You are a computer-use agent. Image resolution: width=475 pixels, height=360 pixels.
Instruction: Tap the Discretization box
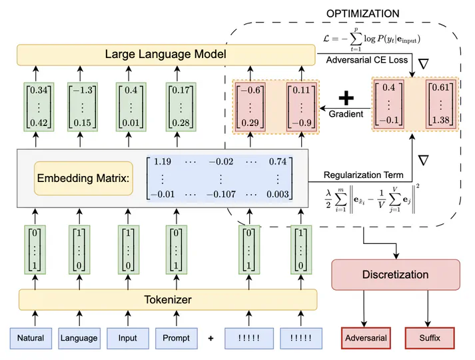(396, 275)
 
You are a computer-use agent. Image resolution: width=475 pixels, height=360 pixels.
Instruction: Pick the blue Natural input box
(30, 338)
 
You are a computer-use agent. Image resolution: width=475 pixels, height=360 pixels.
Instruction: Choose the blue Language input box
(79, 338)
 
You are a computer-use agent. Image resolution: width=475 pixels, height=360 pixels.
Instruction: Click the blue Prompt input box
(177, 338)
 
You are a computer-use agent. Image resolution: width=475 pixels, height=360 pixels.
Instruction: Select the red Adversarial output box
(366, 338)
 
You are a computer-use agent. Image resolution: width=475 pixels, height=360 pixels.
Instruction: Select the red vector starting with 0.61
(440, 104)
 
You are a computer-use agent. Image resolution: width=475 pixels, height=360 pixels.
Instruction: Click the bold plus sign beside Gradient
(345, 99)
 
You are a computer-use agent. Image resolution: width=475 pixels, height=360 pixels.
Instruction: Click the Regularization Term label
(364, 175)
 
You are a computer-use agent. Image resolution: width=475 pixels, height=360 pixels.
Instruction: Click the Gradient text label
(346, 114)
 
